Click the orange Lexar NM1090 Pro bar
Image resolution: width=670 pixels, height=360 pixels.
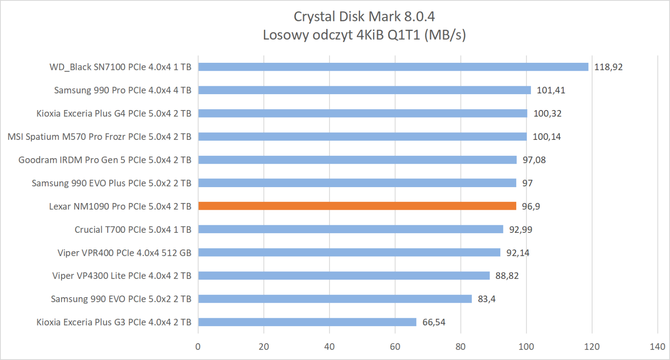point(357,206)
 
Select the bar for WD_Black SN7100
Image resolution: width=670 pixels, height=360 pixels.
point(393,67)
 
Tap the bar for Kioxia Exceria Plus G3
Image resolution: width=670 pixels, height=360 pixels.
point(307,322)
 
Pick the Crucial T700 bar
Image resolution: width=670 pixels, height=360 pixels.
point(350,229)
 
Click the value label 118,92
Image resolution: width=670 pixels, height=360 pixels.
point(608,67)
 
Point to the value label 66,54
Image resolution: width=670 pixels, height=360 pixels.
point(433,322)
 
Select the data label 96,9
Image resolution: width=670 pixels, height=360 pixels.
point(531,206)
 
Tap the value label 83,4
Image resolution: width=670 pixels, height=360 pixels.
point(486,299)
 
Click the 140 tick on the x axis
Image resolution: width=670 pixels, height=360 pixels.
point(657,347)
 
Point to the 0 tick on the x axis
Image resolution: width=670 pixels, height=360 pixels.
point(198,347)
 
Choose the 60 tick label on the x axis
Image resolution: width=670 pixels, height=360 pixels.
point(395,347)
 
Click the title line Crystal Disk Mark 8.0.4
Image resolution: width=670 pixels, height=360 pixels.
point(364,17)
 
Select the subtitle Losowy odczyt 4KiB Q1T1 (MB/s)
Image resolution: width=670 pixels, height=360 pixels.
point(364,35)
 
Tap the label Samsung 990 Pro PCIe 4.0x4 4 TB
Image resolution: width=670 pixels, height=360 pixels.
point(122,90)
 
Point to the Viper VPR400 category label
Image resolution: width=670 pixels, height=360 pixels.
point(124,253)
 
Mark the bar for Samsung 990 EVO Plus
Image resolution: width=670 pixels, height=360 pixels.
point(357,183)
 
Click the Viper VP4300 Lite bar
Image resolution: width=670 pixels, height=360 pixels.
point(343,275)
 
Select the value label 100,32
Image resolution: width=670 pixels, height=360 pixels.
point(547,113)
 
